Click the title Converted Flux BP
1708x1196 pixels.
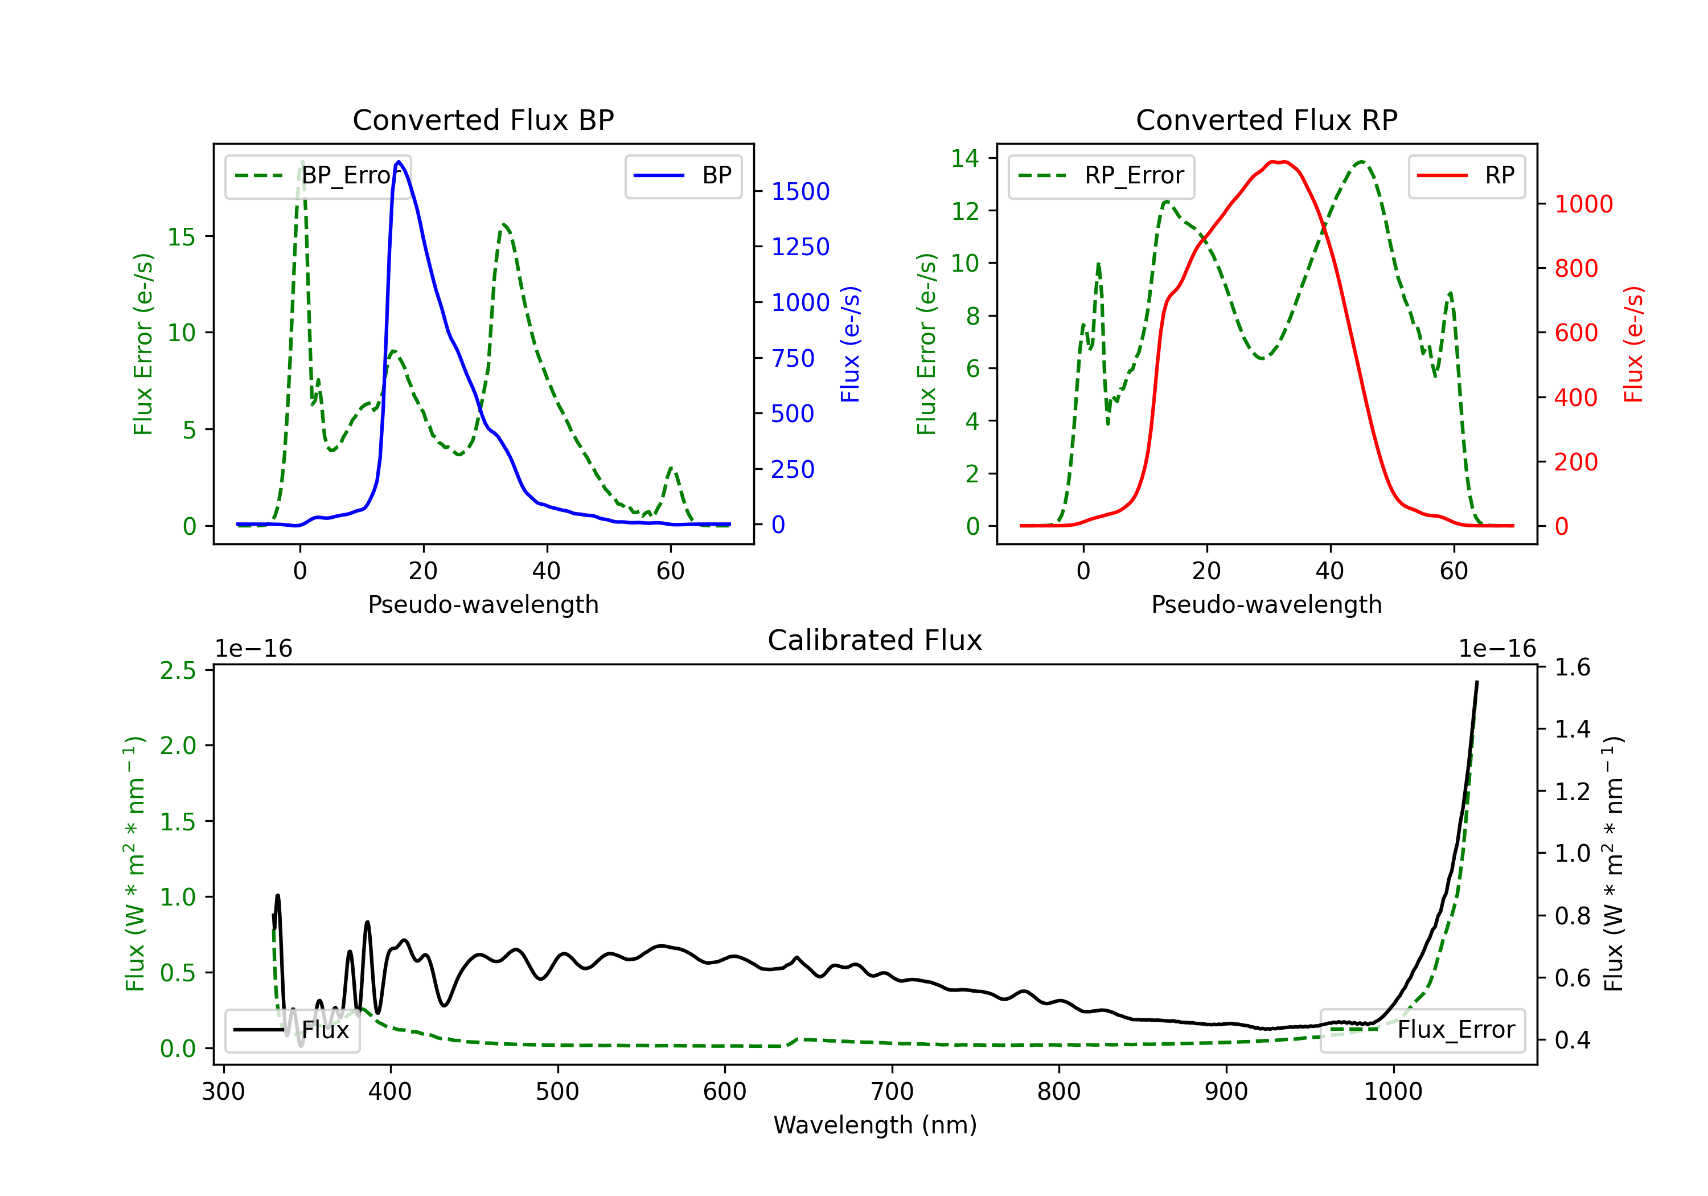pyautogui.click(x=483, y=120)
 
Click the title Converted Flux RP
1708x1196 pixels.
pyautogui.click(x=1266, y=120)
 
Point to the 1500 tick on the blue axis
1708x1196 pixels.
pyautogui.click(x=800, y=192)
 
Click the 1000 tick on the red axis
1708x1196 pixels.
pyautogui.click(x=1583, y=204)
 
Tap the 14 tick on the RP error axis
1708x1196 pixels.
pyautogui.click(x=965, y=158)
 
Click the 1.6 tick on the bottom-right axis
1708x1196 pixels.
pyautogui.click(x=1572, y=667)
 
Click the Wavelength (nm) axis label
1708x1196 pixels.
pyautogui.click(x=875, y=1125)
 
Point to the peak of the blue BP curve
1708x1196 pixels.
pyautogui.click(x=399, y=162)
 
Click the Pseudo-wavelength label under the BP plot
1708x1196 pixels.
pyautogui.click(x=483, y=604)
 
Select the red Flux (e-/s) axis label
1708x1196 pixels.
pyautogui.click(x=1633, y=344)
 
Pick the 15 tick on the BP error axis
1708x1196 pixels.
pyautogui.click(x=181, y=237)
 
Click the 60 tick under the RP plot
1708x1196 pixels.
pyautogui.click(x=1454, y=571)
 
